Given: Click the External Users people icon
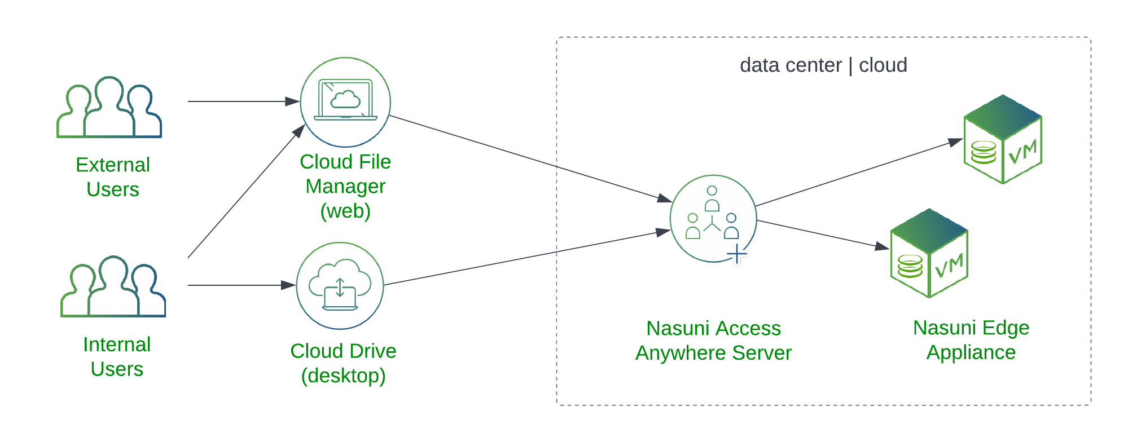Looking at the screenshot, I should [109, 108].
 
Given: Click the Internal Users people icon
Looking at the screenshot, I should [113, 287].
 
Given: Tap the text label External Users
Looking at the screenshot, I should [113, 177].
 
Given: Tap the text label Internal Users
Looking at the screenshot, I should [117, 356].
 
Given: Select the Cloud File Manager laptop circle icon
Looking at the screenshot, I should [345, 102].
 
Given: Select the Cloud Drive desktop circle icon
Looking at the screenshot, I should [340, 286].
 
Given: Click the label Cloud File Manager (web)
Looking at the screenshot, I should [345, 186].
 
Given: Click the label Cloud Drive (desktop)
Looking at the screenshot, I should [343, 363].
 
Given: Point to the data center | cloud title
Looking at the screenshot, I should [823, 65].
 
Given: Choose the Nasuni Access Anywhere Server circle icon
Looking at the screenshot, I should [713, 218].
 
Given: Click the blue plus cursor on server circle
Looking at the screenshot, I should [737, 255].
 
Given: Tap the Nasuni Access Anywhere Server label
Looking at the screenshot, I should [713, 341].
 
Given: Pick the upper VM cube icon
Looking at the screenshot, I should [1002, 139].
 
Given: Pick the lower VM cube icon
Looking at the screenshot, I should [929, 253].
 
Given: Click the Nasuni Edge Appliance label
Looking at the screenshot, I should [971, 340].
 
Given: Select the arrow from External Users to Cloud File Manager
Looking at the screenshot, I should [243, 101].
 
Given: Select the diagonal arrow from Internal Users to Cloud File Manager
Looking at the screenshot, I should [245, 192].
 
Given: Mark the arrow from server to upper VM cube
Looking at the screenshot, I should [858, 174].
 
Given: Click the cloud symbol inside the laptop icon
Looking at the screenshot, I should [345, 99].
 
